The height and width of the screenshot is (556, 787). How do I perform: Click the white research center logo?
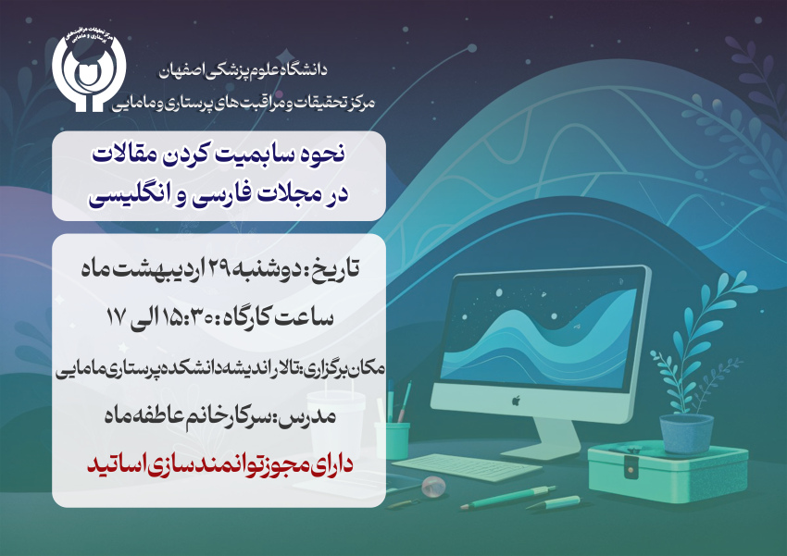pyautogui.click(x=89, y=71)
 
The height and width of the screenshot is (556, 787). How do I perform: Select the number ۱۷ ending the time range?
pyautogui.click(x=116, y=317)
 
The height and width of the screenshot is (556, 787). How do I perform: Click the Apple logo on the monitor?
pyautogui.click(x=516, y=400)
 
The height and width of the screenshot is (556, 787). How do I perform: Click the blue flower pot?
pyautogui.click(x=685, y=433)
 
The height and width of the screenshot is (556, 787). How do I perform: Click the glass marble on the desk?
pyautogui.click(x=433, y=487)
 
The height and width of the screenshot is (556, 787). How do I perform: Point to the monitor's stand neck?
pyautogui.click(x=553, y=435)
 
